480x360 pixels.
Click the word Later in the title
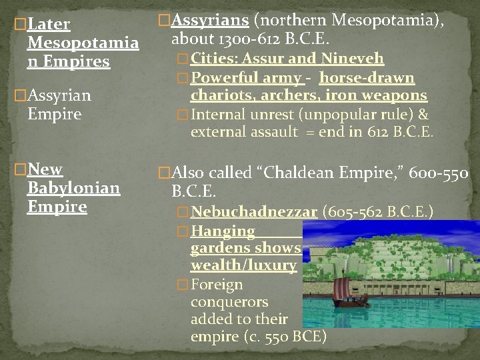tap(49, 25)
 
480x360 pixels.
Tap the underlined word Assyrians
tap(203, 21)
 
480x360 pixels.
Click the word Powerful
tap(223, 78)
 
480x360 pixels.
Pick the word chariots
tap(220, 96)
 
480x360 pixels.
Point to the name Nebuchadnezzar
tap(254, 212)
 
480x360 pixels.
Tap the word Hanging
tap(223, 231)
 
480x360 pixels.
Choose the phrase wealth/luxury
tap(243, 265)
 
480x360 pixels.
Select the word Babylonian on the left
tap(73, 188)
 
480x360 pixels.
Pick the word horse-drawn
tap(367, 78)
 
